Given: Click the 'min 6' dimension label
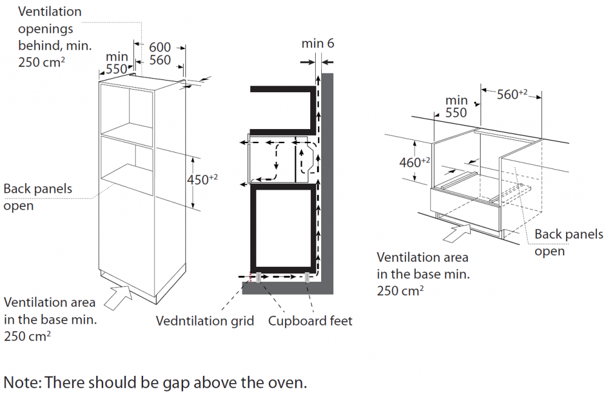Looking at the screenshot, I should point(318,44).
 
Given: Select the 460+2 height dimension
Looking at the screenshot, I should point(415,162).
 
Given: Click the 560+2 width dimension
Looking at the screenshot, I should point(512,94).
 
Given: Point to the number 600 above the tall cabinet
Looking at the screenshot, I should point(160,47).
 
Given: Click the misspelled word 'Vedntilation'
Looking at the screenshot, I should point(205,321).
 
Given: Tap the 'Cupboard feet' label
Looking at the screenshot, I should point(310,321).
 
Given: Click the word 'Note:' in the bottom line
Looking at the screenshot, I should point(22,382).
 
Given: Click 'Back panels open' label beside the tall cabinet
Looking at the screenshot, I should point(38,197).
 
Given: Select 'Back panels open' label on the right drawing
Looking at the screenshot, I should point(568,242).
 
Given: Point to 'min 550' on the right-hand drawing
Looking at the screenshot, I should point(456,106).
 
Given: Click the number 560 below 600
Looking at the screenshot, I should point(160,60).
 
